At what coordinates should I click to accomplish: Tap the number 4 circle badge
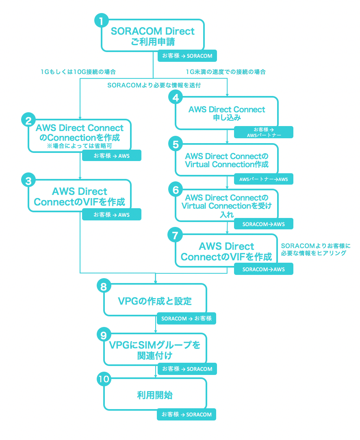pos(175,98)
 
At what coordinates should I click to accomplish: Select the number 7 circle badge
pos(175,235)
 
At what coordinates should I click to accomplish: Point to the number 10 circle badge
pos(104,379)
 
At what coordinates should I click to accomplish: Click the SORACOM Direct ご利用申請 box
pos(152,36)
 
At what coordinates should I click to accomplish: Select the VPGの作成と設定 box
pos(155,301)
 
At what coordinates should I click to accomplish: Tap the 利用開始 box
pos(155,394)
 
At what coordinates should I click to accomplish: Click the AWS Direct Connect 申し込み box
pos(227,113)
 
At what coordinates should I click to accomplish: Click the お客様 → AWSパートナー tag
pos(263,133)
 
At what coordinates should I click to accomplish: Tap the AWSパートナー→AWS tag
pos(263,179)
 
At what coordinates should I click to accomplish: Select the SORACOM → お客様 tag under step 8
pos(187,318)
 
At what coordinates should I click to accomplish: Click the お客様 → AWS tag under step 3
pos(112,214)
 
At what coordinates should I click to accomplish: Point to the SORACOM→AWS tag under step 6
pos(263,224)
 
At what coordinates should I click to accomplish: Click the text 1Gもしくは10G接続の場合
pos(78,72)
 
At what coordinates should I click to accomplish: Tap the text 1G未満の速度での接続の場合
pos(226,72)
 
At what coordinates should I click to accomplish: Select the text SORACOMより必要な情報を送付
pos(154,85)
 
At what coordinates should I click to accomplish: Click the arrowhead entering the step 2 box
pos(80,117)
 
